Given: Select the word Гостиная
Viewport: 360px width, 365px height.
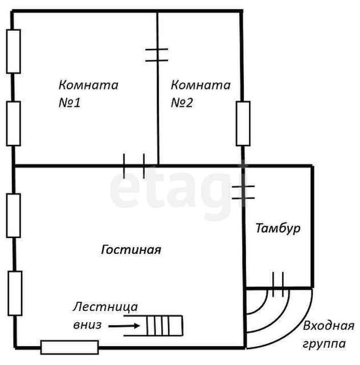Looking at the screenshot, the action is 132,250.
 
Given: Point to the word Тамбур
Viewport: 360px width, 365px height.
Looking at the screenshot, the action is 277,229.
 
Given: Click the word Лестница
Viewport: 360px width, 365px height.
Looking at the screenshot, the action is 105,307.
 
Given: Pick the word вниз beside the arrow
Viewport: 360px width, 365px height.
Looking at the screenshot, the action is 87,325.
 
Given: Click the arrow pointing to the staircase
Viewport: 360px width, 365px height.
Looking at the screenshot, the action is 124,326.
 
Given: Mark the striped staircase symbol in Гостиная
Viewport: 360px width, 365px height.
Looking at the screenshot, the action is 165,326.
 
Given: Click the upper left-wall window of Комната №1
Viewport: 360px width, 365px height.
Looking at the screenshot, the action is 14,51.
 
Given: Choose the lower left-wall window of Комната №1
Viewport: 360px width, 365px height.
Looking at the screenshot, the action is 14,123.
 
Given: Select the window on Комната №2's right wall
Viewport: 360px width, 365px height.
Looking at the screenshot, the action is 243,123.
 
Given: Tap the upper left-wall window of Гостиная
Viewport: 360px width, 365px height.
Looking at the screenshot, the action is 14,215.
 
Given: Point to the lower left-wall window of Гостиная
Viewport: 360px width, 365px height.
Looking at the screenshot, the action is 14,293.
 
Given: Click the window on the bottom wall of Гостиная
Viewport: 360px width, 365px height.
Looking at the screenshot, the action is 69,346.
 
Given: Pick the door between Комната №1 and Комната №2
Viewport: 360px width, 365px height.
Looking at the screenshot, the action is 157,55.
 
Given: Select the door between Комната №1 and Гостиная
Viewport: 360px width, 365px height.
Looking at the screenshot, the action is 134,166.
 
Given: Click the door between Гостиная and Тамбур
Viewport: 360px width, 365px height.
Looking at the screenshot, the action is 243,192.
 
